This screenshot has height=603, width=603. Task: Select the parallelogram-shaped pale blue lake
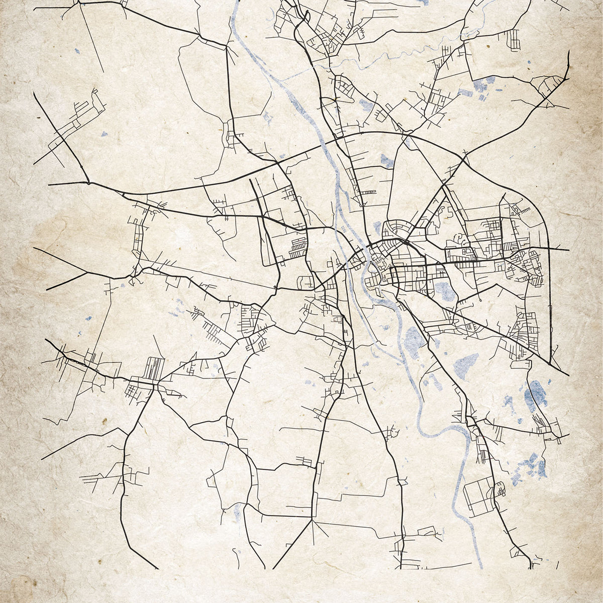click(x=467, y=364)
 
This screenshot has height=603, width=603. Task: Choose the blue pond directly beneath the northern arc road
click(x=386, y=161)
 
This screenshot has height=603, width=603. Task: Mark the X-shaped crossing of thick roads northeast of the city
click(x=462, y=161)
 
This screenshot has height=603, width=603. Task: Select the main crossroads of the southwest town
click(x=156, y=384)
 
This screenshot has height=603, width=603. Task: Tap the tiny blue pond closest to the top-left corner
click(x=77, y=51)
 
